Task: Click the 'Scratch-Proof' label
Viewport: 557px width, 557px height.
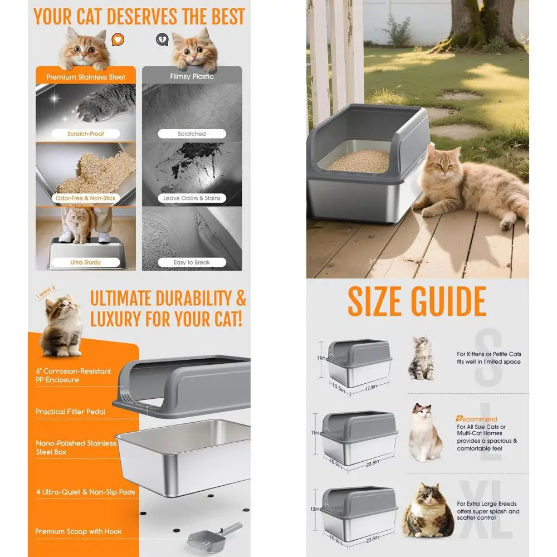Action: pos(86,134)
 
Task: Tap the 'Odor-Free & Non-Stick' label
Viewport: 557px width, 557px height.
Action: pos(86,198)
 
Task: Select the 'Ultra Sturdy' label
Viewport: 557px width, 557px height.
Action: pos(86,262)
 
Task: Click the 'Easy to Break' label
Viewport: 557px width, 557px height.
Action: pos(192,262)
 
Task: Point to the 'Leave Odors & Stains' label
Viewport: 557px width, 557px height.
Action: pos(192,198)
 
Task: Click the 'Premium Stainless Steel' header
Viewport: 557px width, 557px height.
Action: pos(86,77)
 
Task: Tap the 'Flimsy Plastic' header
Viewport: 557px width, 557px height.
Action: pos(192,76)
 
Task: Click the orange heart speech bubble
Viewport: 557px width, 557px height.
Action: pos(118,40)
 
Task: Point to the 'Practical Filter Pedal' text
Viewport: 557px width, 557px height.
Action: pos(71,412)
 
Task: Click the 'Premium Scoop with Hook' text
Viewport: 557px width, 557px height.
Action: pos(79,531)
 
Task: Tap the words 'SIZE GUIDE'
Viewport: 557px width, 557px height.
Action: pos(417,302)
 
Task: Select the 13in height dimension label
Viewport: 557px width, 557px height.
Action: pos(315,509)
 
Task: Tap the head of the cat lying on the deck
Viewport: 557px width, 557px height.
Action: pos(446,161)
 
